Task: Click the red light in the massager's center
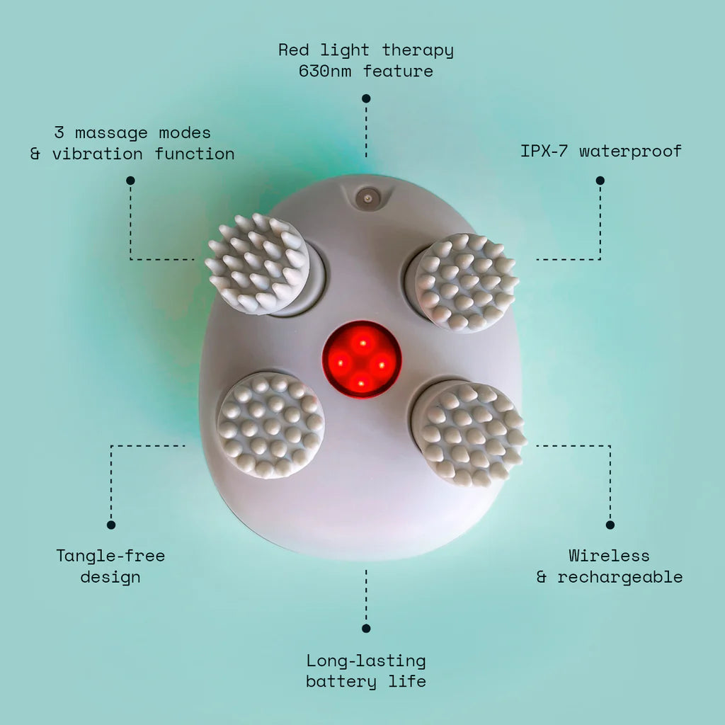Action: click(362, 359)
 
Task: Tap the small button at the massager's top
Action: click(365, 199)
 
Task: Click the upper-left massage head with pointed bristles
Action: click(258, 263)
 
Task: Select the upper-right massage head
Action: click(466, 282)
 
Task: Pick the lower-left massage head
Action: click(270, 425)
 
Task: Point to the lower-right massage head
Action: click(469, 433)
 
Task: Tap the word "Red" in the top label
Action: click(294, 50)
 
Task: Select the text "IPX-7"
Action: click(544, 151)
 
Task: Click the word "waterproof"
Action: click(630, 151)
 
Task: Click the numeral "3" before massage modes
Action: click(59, 132)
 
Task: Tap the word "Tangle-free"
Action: click(110, 556)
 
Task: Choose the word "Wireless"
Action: click(609, 556)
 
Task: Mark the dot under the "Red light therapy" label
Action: click(366, 98)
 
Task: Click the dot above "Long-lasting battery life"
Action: click(366, 628)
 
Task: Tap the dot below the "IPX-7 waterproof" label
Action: click(600, 181)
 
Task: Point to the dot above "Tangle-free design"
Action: click(111, 525)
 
